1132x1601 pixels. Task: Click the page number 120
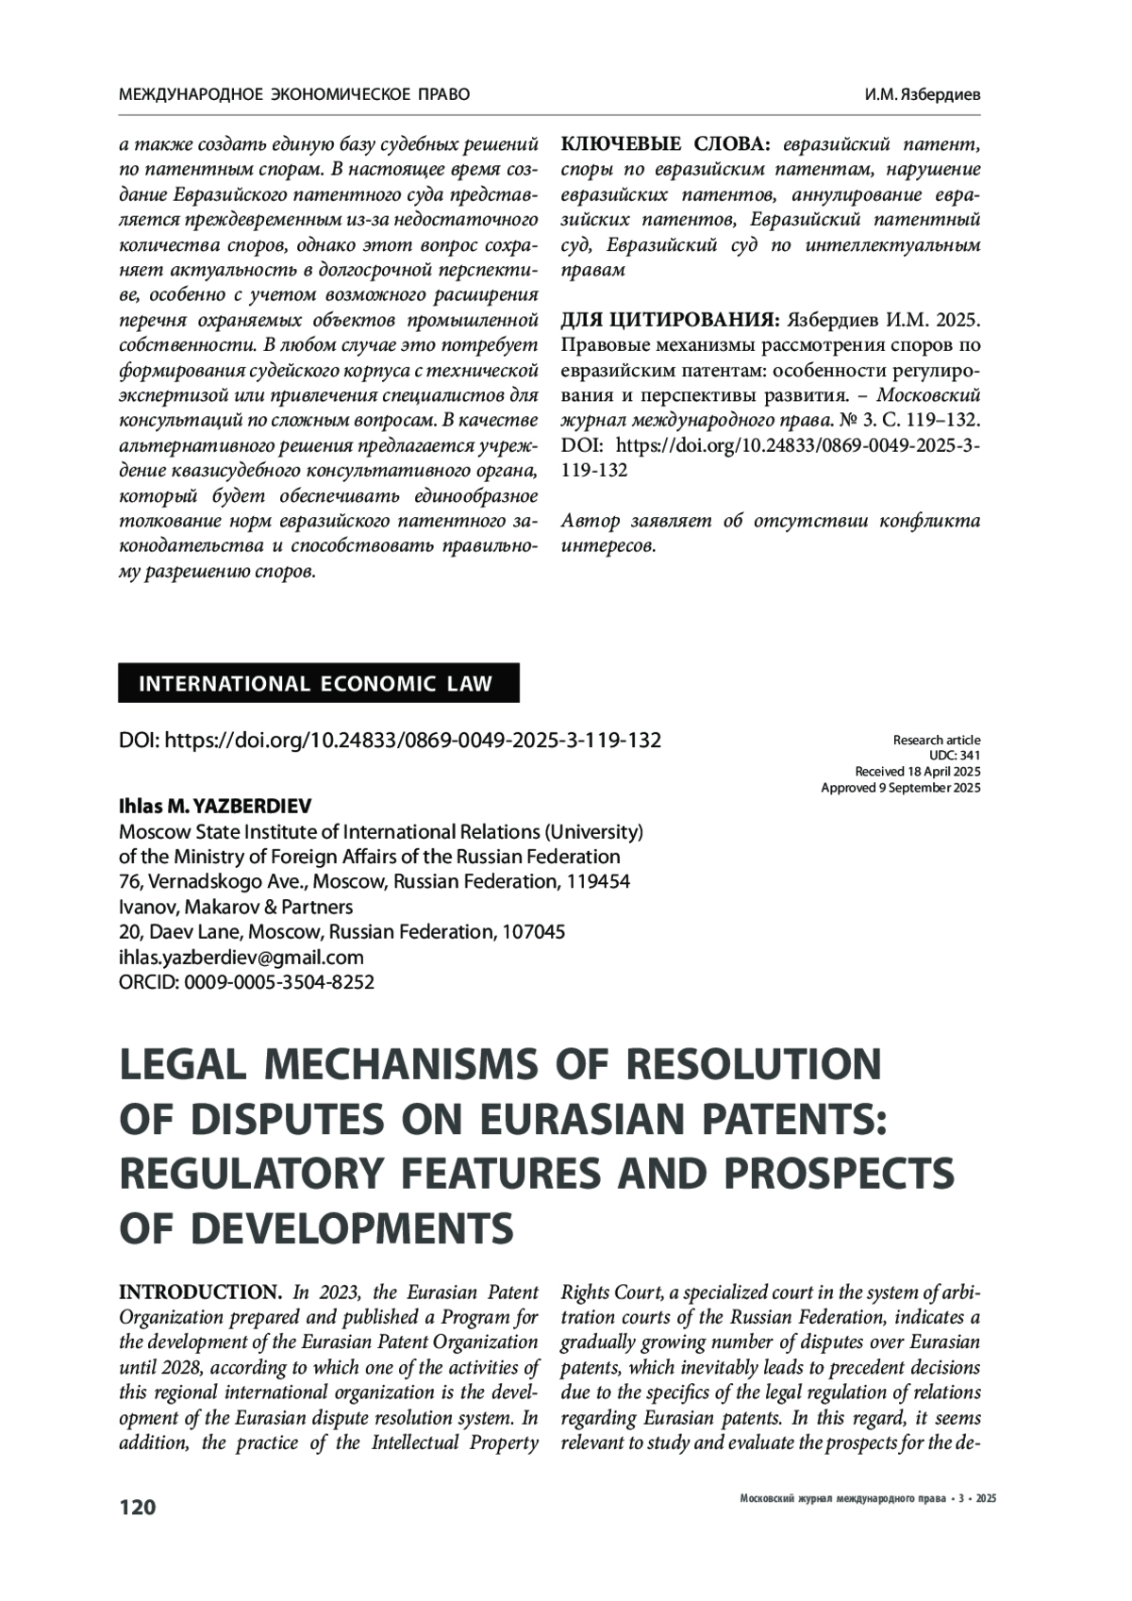tap(137, 1507)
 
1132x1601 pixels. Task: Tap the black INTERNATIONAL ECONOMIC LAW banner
tap(318, 684)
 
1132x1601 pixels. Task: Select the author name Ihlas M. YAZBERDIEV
tap(214, 807)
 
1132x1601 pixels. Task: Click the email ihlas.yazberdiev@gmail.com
tap(241, 957)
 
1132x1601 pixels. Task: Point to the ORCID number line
tap(246, 982)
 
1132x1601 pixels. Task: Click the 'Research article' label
tap(936, 741)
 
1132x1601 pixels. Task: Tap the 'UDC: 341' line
tap(955, 756)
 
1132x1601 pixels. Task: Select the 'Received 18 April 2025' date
tap(917, 772)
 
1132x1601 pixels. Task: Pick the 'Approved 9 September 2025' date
tap(900, 788)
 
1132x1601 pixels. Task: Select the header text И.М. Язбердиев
tap(922, 95)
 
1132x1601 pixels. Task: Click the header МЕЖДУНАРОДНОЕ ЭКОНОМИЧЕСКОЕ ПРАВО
tap(293, 95)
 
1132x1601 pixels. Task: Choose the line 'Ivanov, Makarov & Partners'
tap(236, 907)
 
